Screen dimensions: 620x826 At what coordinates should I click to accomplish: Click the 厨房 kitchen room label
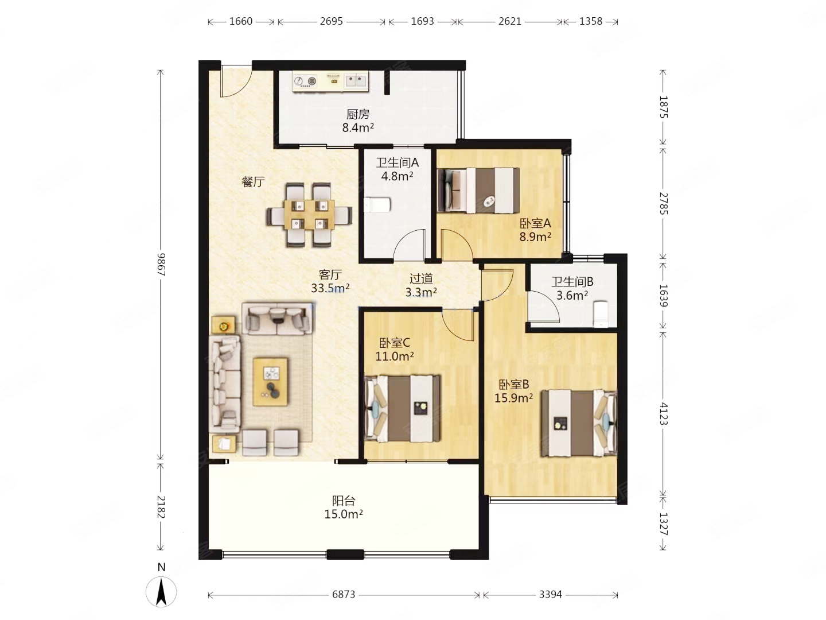pos(357,114)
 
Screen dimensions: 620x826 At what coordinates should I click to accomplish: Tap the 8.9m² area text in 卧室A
pos(535,237)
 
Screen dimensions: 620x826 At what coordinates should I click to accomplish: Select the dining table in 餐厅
pos(309,214)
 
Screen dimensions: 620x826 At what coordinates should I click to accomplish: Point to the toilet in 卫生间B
pos(600,313)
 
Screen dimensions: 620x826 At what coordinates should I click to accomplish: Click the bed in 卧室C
pos(402,409)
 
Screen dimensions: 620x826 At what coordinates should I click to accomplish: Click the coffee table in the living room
pos(271,382)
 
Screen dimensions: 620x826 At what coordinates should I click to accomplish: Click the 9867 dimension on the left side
pos(161,264)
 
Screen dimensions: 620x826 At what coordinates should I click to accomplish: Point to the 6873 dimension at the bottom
pos(343,595)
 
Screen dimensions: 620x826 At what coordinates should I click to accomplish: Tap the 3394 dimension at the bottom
pos(550,595)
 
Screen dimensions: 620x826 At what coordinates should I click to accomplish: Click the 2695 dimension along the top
pos(331,21)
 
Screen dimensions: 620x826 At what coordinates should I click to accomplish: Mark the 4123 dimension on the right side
pos(663,413)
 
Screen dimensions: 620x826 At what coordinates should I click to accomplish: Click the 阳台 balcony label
pos(343,501)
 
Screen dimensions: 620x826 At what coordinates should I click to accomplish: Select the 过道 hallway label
pos(420,279)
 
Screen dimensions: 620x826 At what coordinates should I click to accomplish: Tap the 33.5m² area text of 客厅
pos(330,288)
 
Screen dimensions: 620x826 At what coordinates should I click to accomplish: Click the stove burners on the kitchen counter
pos(305,81)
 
